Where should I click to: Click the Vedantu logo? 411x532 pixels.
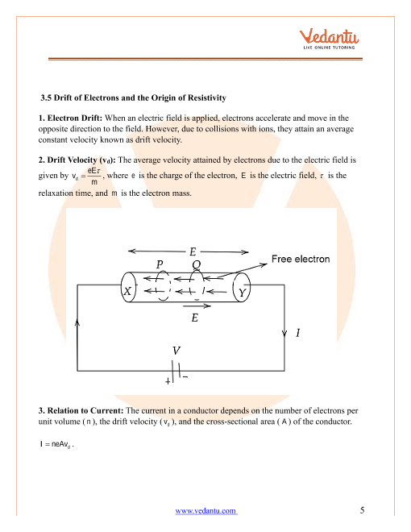tap(329, 39)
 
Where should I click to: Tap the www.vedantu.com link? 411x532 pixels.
tap(205, 510)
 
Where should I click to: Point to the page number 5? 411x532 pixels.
tap(362, 510)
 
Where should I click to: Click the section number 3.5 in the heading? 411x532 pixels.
tap(46, 98)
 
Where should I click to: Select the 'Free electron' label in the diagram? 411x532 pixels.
tap(301, 259)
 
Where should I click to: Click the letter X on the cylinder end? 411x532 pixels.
tap(127, 291)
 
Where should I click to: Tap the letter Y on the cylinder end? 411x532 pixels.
tap(242, 293)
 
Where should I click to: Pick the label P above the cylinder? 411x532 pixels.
tap(160, 264)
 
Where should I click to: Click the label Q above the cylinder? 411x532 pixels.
tap(196, 264)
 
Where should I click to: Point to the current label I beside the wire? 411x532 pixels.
tap(297, 332)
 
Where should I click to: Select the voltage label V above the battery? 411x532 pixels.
tap(176, 350)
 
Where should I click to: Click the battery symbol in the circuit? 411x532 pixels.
tap(176, 371)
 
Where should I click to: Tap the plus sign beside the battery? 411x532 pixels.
tap(168, 381)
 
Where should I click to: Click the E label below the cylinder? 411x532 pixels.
tap(195, 318)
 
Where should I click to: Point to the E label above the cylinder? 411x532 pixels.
tap(193, 251)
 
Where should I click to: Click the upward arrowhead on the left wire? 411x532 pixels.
tap(77, 322)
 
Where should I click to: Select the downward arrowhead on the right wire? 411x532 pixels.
tap(284, 333)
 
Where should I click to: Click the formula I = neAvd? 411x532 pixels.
tap(56, 444)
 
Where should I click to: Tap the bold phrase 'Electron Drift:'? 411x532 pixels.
tap(75, 118)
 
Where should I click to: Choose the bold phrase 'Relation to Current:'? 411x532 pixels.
tap(85, 410)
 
